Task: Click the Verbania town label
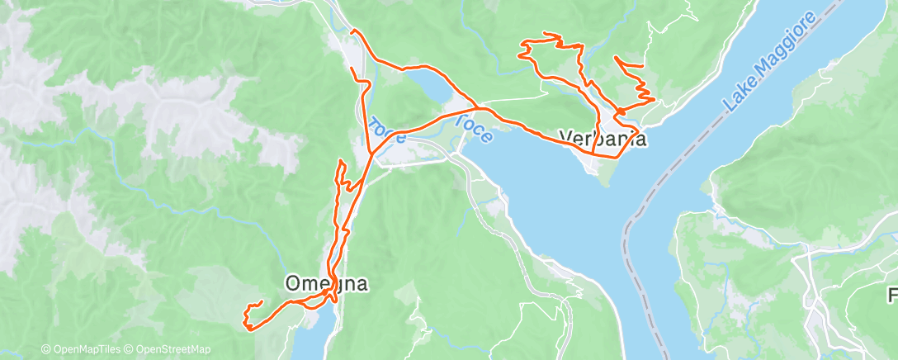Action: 603,138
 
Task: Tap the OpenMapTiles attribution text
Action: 87,349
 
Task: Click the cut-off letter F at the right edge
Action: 892,295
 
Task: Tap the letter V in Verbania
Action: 565,138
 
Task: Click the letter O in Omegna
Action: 293,283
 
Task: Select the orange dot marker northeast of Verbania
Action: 619,111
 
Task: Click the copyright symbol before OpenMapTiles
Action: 46,349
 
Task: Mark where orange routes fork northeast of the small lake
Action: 480,107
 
